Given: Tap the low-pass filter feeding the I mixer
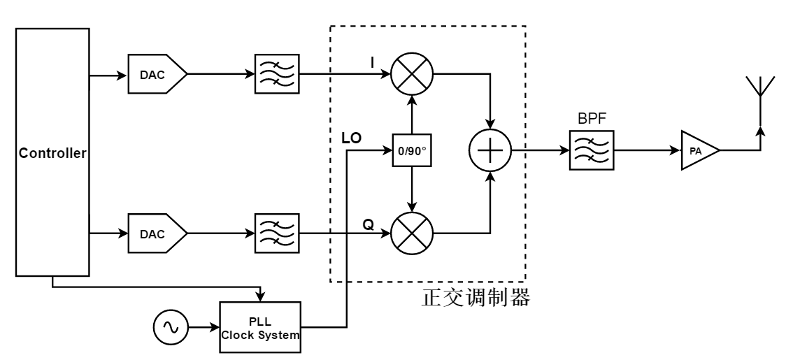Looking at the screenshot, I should pyautogui.click(x=279, y=73).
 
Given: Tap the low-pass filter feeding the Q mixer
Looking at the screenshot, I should pyautogui.click(x=279, y=231).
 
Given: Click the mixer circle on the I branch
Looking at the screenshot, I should pyautogui.click(x=413, y=73).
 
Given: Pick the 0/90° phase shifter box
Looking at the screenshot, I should pyautogui.click(x=413, y=150).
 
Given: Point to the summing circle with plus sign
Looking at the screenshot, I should pyautogui.click(x=490, y=150).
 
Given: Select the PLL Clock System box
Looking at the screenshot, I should pyautogui.click(x=260, y=326).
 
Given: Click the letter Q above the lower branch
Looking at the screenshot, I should pyautogui.click(x=368, y=224).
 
